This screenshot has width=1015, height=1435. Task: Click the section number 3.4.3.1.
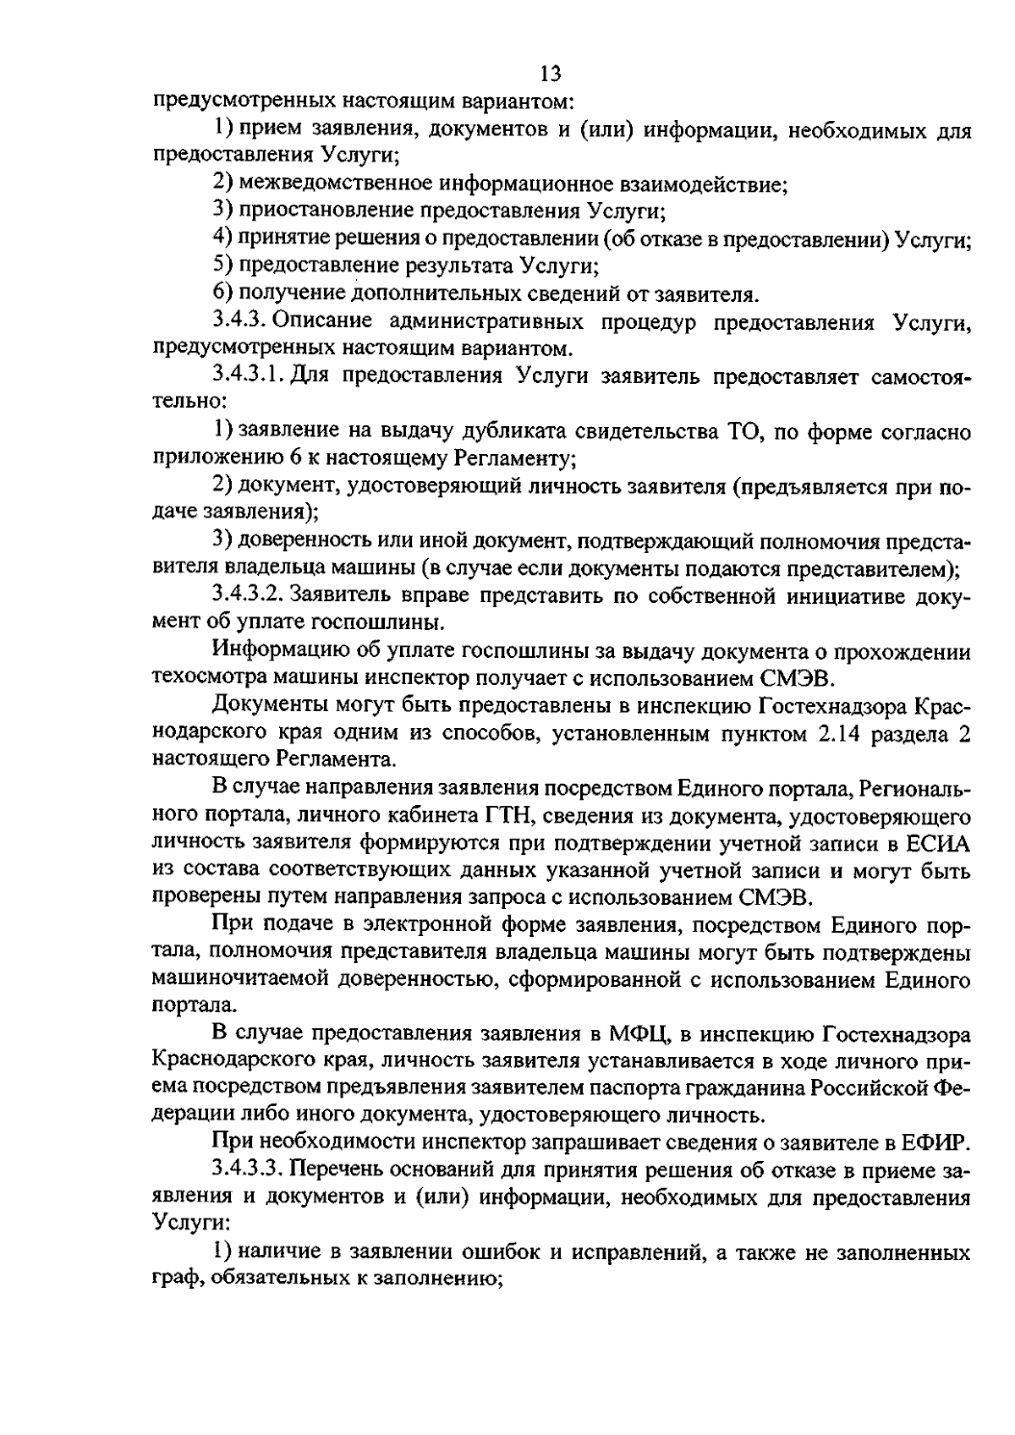[x=249, y=376]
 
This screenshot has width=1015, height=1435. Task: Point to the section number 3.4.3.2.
[x=249, y=595]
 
